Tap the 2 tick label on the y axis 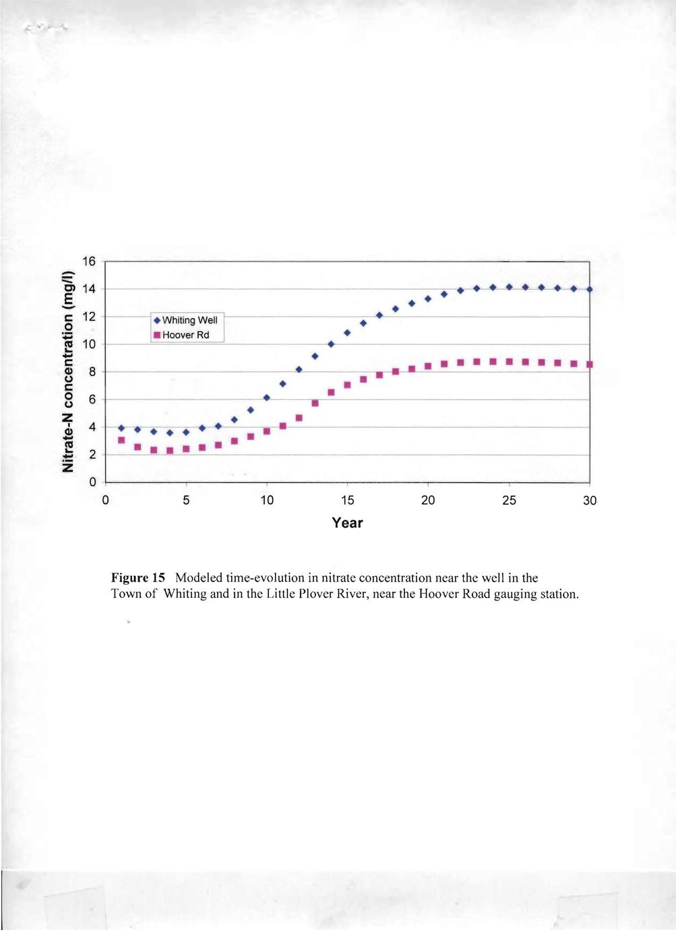(x=92, y=455)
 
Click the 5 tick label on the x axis (x=187, y=501)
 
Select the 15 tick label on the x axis (x=347, y=501)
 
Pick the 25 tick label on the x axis (x=509, y=501)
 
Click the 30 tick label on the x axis (x=590, y=501)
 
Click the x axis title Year (x=347, y=523)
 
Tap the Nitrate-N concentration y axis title (x=67, y=371)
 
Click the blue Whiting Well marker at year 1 (x=121, y=428)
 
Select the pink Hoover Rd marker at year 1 (x=121, y=440)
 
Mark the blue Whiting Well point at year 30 (x=589, y=289)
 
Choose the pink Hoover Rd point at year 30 (x=589, y=364)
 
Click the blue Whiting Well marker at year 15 (x=347, y=332)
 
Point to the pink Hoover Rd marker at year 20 (x=428, y=366)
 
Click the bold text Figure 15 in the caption (x=138, y=578)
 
